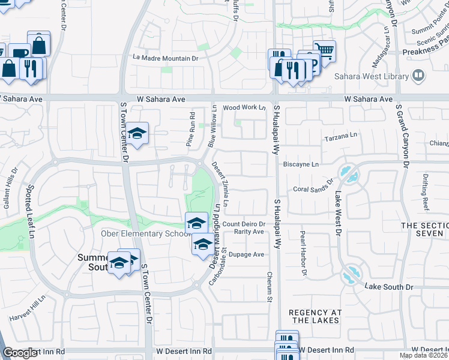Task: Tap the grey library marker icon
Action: pyautogui.click(x=418, y=76)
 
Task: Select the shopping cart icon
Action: pyautogui.click(x=324, y=50)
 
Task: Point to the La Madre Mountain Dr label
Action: pyautogui.click(x=166, y=58)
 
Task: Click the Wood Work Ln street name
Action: pyautogui.click(x=244, y=107)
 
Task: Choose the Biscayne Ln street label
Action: pyautogui.click(x=303, y=163)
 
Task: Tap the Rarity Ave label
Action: pyautogui.click(x=249, y=232)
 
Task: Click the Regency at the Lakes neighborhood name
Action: pyautogui.click(x=315, y=316)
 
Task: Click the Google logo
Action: pyautogui.click(x=20, y=353)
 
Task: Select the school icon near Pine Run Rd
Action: pyautogui.click(x=137, y=134)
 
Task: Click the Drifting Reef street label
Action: pyautogui.click(x=426, y=192)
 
